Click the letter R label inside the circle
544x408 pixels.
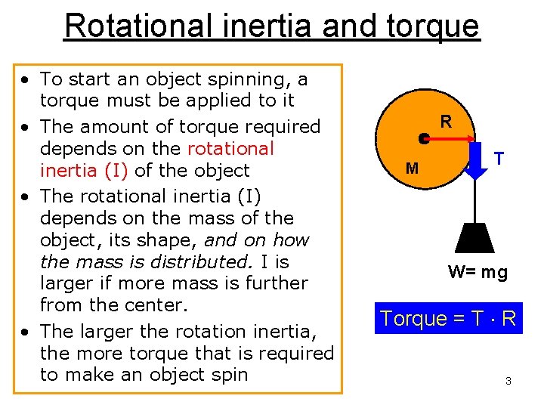pyautogui.click(x=447, y=121)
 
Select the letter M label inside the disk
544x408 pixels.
pyautogui.click(x=412, y=168)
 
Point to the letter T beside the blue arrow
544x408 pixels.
pyautogui.click(x=499, y=159)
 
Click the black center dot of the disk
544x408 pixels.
pyautogui.click(x=425, y=138)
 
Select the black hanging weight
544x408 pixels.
pyautogui.click(x=475, y=238)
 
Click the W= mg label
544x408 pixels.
pyautogui.click(x=478, y=272)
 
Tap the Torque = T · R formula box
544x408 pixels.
pyautogui.click(x=449, y=318)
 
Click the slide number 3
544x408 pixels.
pyautogui.click(x=508, y=381)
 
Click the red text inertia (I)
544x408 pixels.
pyautogui.click(x=79, y=171)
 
